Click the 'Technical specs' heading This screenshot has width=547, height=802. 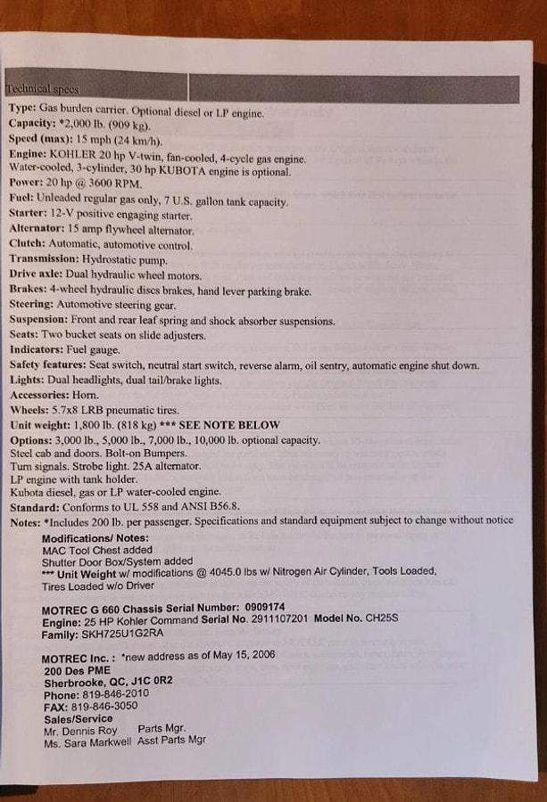(42, 88)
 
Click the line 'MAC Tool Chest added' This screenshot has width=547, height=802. (97, 550)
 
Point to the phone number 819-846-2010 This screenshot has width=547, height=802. (118, 693)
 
